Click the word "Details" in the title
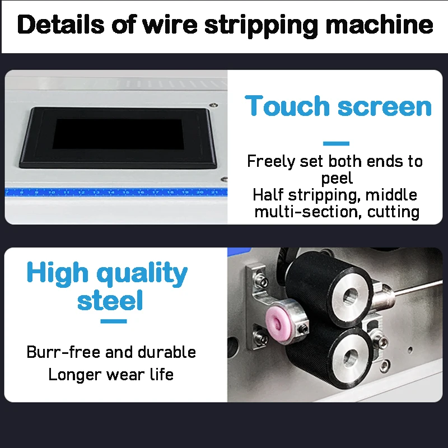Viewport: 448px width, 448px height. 60,25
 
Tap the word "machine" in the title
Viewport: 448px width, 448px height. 379,25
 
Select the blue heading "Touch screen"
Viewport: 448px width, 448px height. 338,106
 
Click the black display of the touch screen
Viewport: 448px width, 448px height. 118,134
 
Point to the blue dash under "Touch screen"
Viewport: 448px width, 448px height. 336,143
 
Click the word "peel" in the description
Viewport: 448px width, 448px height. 337,179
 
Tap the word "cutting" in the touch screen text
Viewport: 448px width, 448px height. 393,212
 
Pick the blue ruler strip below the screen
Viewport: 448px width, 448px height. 116,192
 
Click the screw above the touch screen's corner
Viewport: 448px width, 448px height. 213,105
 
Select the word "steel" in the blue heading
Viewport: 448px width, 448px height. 110,300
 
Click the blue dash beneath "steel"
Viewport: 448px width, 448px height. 114,321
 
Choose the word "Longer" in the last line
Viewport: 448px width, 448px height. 75,375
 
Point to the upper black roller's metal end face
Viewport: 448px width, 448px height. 351,296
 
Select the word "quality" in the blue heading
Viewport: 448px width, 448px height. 142,274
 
